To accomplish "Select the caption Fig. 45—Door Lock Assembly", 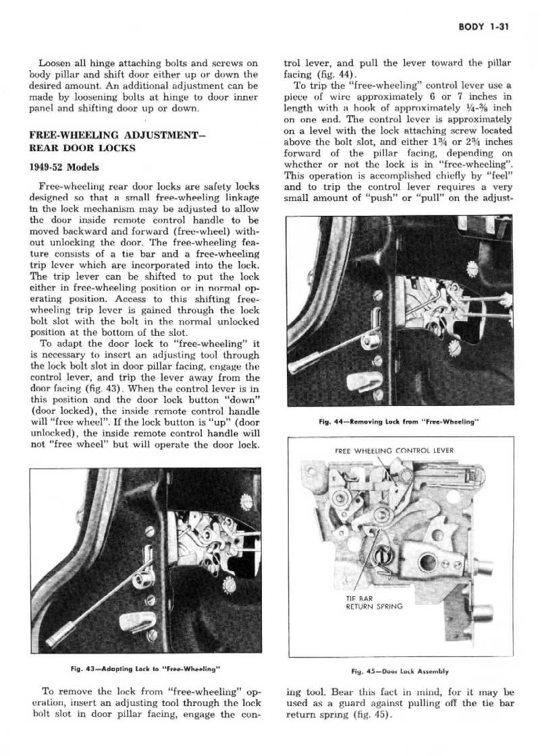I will [x=400, y=672].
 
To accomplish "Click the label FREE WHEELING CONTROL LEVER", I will [x=394, y=450].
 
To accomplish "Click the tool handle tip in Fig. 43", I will [x=59, y=636].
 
